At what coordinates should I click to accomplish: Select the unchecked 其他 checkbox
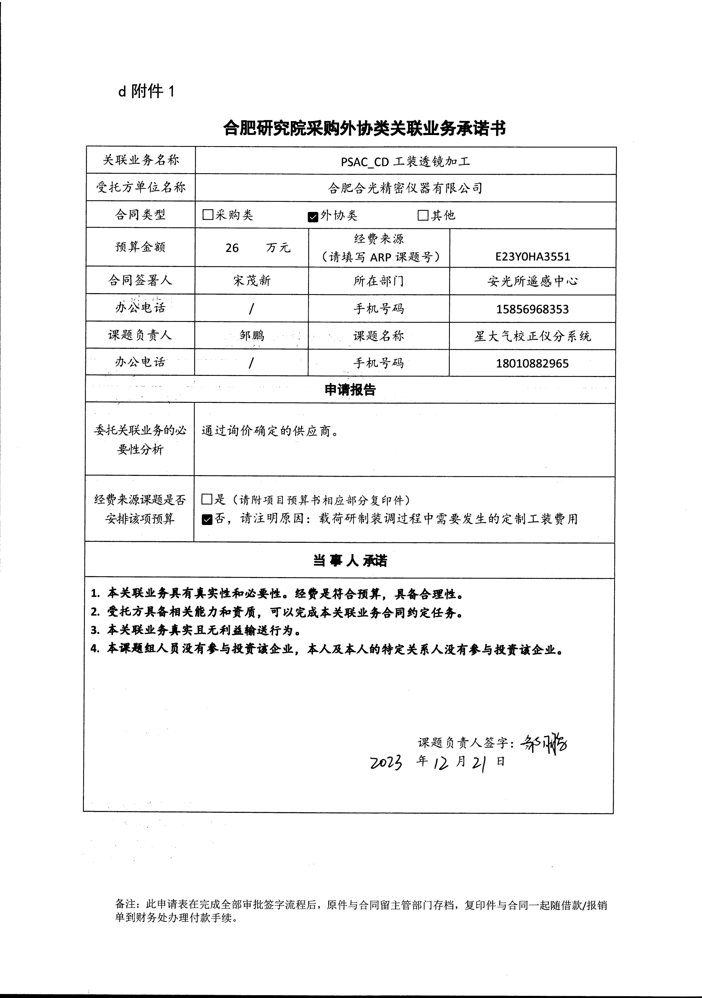click(x=423, y=215)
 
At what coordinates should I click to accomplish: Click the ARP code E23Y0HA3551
click(x=533, y=257)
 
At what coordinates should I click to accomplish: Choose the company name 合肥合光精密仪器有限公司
click(x=405, y=188)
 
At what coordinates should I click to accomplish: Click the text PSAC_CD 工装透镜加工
click(x=405, y=162)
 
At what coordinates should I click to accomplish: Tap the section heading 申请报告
click(x=350, y=390)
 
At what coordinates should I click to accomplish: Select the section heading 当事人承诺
click(x=350, y=561)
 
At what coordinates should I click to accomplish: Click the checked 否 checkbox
click(x=207, y=519)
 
